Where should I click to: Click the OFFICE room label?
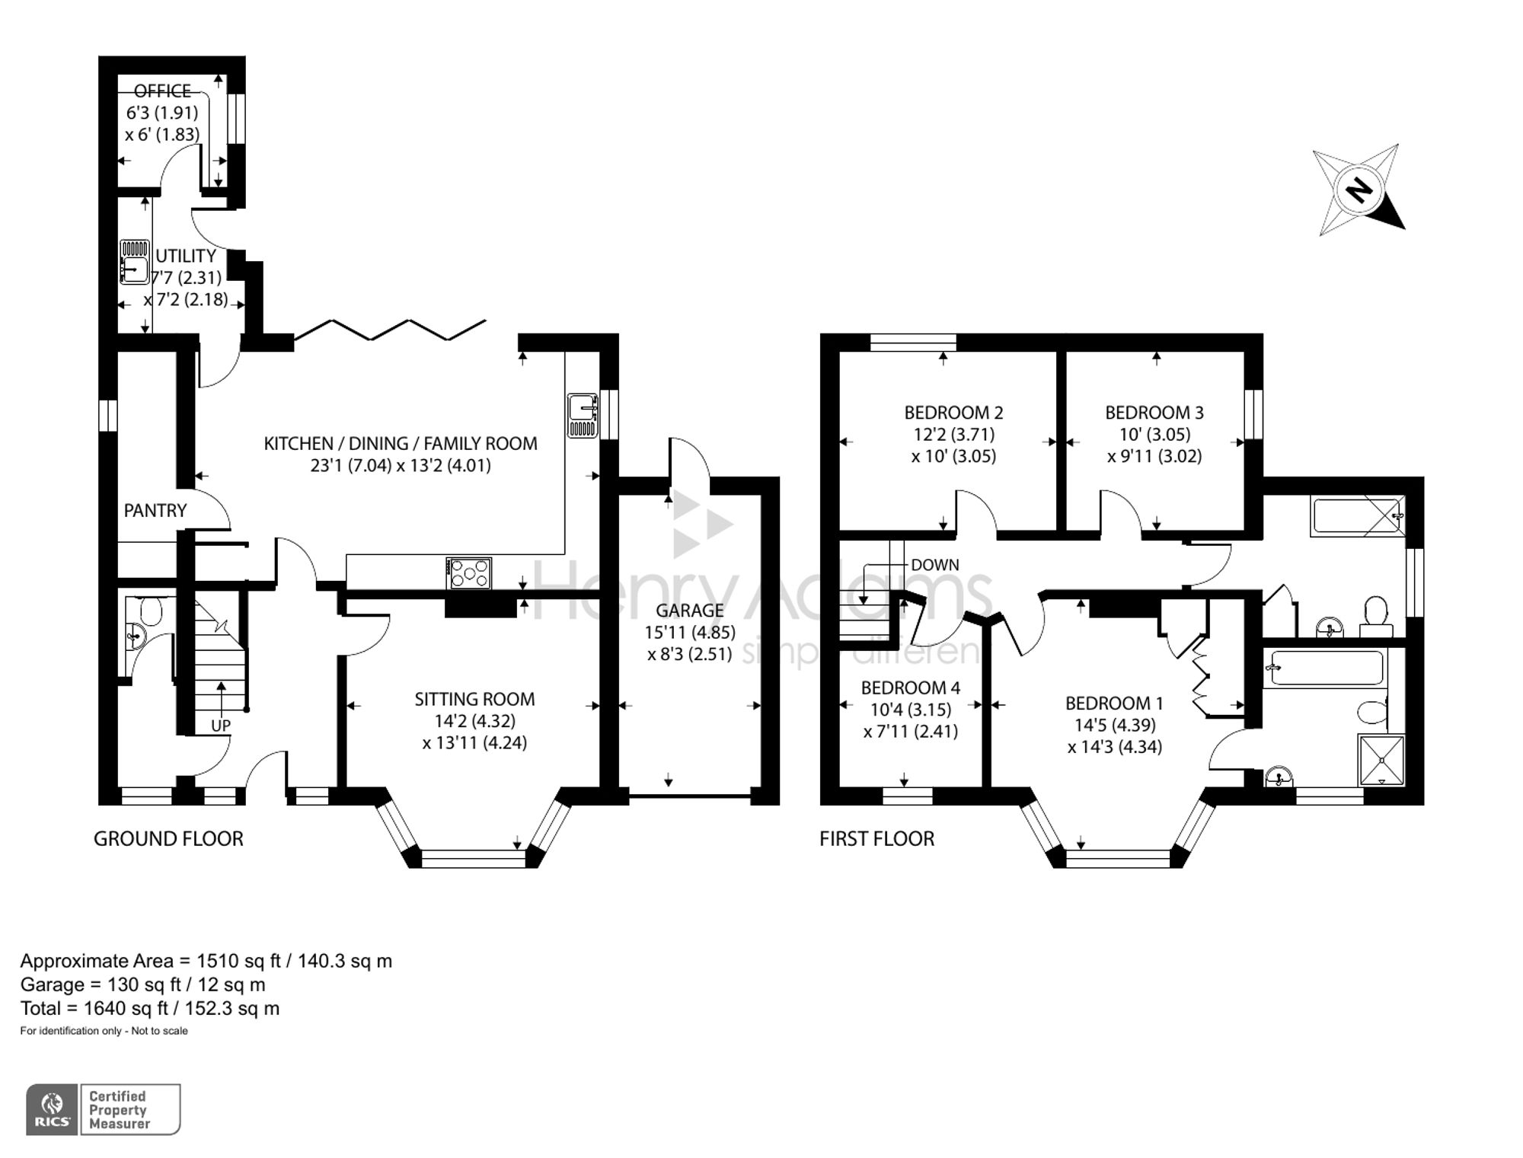[162, 91]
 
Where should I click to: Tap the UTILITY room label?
[185, 256]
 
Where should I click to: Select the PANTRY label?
[155, 511]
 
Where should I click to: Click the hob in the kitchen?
[470, 573]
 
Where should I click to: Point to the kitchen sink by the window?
[583, 416]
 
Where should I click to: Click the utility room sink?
[135, 261]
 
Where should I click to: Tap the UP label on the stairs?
[221, 726]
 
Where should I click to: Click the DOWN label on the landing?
[934, 565]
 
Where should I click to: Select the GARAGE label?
[689, 610]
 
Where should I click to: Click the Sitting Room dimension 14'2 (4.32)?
[474, 720]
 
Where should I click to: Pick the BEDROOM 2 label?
[953, 413]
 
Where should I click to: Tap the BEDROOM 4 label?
[910, 687]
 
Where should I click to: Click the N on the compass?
[1358, 189]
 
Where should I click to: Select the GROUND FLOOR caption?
[168, 839]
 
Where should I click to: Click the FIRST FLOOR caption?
[876, 839]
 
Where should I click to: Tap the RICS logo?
[53, 1109]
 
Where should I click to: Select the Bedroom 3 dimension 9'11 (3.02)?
[1154, 456]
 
